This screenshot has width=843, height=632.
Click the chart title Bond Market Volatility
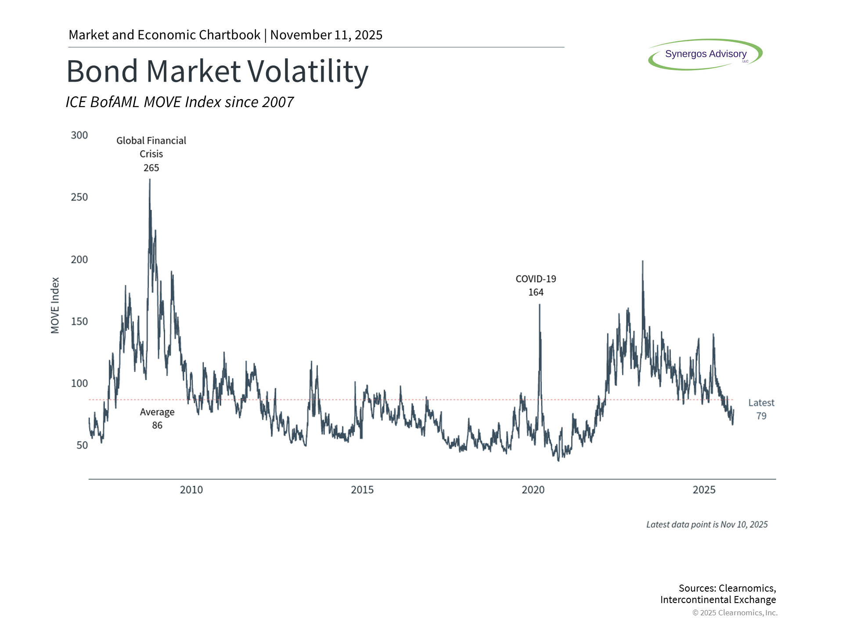[217, 72]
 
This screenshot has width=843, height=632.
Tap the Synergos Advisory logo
[705, 54]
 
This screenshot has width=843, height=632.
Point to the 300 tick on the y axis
[79, 135]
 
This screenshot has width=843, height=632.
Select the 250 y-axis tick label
[79, 197]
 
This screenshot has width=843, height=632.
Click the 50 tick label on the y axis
[82, 445]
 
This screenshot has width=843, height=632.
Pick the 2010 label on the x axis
[191, 490]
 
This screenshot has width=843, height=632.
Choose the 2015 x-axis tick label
[362, 490]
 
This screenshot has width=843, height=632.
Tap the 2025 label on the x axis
[704, 490]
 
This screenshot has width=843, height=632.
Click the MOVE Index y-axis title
[55, 305]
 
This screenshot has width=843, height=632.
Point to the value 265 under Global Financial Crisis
[151, 168]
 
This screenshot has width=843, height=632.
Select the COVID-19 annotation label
[536, 279]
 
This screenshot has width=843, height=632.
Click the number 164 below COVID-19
[536, 292]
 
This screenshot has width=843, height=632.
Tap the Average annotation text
[157, 412]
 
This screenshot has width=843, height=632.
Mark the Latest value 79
[761, 416]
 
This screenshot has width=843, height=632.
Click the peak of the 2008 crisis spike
[150, 180]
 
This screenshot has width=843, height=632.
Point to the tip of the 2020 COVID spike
[540, 305]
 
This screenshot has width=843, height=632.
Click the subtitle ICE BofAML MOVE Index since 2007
[180, 102]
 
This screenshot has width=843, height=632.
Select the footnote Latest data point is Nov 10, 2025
[707, 524]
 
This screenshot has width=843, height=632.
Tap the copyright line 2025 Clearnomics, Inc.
[735, 613]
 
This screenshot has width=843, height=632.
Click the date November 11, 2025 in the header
[326, 35]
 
